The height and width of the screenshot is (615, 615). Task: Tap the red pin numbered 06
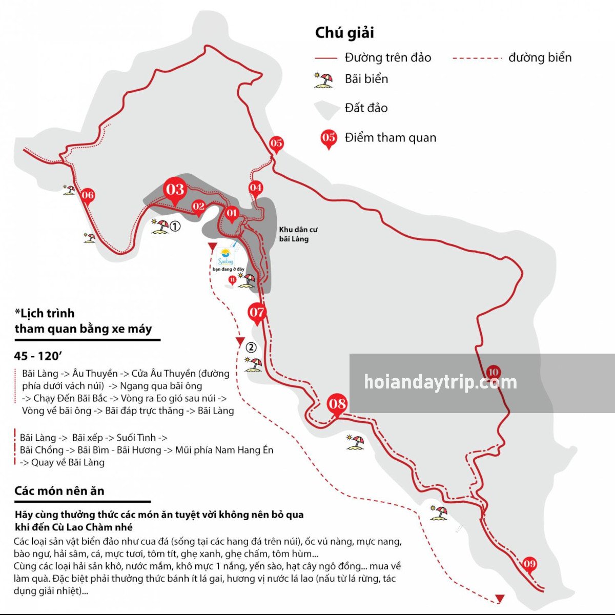88,196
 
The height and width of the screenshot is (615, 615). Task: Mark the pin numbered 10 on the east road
493,373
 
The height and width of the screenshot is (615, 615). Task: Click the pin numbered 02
198,207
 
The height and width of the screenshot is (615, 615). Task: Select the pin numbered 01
232,214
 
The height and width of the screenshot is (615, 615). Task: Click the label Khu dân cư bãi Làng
298,234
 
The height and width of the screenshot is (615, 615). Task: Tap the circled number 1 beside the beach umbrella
175,226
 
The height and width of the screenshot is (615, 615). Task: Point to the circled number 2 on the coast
251,347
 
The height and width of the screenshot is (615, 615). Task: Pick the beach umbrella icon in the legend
323,80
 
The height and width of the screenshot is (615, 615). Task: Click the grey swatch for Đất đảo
326,108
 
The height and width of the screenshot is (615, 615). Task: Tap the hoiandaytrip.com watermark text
440,382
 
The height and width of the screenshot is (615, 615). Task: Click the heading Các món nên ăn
59,491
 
